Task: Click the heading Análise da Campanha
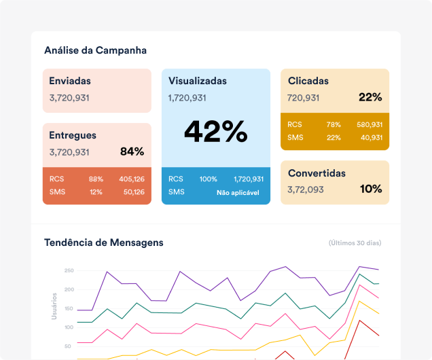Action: [x=95, y=50]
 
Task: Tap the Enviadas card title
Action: [x=69, y=81]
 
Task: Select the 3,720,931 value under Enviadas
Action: [x=69, y=98]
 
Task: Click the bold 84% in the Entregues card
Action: [x=132, y=151]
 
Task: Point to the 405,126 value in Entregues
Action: [x=131, y=179]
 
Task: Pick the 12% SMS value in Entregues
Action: [x=96, y=192]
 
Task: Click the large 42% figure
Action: [x=215, y=131]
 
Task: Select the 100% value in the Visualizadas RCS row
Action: [x=208, y=179]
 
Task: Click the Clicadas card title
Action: [x=308, y=81]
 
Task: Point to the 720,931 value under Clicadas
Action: [x=303, y=98]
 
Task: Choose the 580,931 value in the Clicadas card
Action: [x=369, y=125]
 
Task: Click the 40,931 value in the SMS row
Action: [x=371, y=138]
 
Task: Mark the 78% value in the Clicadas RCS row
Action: [x=333, y=125]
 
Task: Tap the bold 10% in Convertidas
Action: [x=371, y=189]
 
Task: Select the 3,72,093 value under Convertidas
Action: [x=306, y=190]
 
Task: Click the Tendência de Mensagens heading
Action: [x=103, y=242]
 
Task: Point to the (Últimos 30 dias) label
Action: [x=355, y=243]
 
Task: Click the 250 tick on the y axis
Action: [x=68, y=271]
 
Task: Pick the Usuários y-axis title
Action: [x=54, y=306]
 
